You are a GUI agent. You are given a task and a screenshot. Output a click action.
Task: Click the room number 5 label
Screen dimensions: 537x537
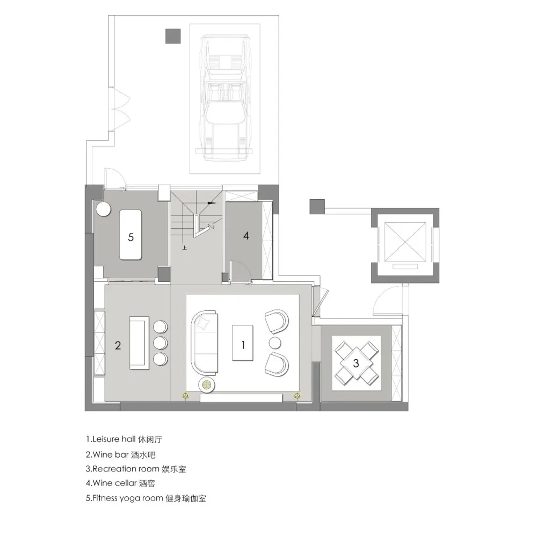(131, 237)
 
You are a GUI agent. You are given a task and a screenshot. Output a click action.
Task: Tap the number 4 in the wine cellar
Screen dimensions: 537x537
(246, 236)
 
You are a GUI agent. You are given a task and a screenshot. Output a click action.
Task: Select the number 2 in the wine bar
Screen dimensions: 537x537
(118, 346)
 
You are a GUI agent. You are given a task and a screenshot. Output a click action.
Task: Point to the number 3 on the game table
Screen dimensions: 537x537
(355, 364)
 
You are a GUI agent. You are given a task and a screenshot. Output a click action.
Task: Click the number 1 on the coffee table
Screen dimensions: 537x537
(243, 345)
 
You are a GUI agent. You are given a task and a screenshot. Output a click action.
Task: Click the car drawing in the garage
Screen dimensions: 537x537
(226, 97)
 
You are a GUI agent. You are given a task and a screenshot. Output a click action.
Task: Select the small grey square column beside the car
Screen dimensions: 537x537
(173, 36)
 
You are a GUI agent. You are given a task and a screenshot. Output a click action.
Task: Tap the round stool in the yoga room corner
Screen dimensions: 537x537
(103, 209)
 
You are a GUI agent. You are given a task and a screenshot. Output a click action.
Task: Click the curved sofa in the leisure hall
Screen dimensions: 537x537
(205, 342)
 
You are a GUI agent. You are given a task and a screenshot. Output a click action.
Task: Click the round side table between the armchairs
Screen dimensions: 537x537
(275, 343)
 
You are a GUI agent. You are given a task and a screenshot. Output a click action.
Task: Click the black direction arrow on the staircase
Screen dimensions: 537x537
(211, 204)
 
